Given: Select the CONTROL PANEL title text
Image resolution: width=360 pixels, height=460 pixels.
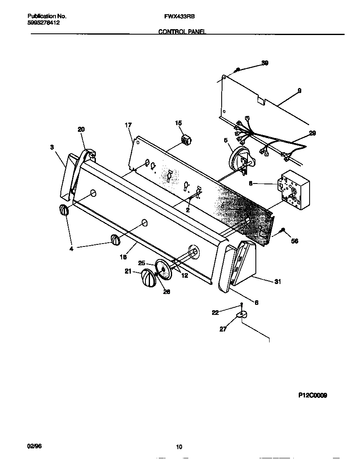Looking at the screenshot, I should [182, 32].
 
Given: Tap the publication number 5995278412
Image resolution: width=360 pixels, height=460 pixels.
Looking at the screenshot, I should [43, 23].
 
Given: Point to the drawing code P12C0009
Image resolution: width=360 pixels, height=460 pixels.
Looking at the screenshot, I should [312, 395].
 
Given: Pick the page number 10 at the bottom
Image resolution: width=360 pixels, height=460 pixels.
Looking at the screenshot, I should [179, 447].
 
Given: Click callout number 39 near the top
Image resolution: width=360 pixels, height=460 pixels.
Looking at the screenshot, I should [265, 63].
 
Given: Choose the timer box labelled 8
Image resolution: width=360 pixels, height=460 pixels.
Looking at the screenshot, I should [295, 190].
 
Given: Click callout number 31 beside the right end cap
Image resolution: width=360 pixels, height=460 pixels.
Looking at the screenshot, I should [277, 282].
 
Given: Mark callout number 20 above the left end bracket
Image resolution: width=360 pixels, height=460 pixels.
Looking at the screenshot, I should [81, 130].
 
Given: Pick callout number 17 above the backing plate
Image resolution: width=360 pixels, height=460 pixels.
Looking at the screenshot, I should [128, 125].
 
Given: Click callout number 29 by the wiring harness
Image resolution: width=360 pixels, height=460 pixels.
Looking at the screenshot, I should [312, 133].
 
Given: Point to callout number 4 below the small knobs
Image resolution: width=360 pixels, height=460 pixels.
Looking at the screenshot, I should [71, 249].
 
